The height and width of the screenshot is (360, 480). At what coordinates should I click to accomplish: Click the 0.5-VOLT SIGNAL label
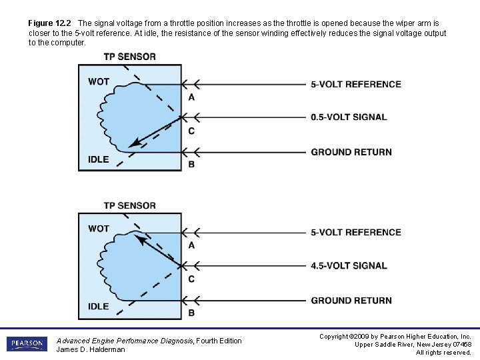[349, 117]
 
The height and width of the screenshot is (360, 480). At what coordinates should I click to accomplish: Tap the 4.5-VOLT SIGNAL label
[349, 266]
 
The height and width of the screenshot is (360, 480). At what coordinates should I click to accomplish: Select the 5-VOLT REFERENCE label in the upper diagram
[356, 85]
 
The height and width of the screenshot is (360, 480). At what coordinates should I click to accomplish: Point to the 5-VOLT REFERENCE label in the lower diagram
[356, 233]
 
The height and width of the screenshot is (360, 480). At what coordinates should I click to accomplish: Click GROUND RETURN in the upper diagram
[351, 152]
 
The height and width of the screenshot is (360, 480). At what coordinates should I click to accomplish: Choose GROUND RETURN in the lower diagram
[351, 301]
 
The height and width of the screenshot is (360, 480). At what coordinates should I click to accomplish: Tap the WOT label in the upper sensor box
[99, 82]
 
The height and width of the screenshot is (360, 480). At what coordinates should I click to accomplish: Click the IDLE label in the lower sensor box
[99, 307]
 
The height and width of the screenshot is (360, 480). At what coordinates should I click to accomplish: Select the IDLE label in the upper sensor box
[99, 159]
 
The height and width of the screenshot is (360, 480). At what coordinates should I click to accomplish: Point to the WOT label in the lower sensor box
[99, 229]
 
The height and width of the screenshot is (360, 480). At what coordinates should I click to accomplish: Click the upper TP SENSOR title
[129, 57]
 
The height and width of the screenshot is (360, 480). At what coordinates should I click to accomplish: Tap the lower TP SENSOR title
[129, 205]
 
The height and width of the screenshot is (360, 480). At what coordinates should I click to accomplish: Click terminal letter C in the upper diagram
[191, 131]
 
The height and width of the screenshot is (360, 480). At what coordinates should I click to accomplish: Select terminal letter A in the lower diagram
[191, 245]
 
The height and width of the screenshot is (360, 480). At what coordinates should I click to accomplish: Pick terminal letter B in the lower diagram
[191, 313]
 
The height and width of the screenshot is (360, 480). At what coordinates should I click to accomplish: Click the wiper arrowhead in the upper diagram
[135, 143]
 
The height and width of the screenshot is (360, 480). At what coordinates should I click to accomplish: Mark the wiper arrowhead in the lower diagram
[139, 238]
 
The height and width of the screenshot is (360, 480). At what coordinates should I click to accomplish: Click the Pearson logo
[27, 344]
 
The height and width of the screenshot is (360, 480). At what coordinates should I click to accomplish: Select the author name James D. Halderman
[91, 349]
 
